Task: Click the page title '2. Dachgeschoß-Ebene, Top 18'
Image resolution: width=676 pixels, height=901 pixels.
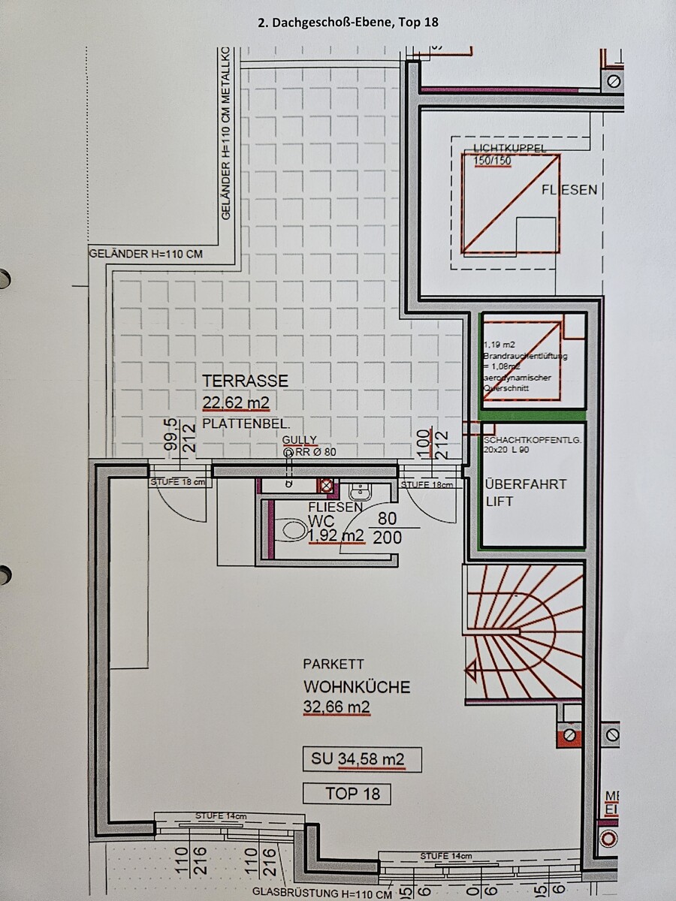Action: coord(348,23)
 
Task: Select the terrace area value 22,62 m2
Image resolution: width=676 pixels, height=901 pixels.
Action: coord(236,403)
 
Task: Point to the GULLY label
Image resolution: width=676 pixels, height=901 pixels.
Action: coord(300,440)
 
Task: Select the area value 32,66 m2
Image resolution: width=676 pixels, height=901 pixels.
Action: coord(336,707)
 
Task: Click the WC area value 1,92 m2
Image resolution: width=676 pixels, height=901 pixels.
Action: coord(336,535)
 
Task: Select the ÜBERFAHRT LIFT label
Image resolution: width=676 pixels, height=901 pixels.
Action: coord(526,493)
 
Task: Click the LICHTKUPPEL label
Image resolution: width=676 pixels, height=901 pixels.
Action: coord(510,149)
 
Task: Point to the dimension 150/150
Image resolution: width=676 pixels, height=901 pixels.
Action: coord(492,161)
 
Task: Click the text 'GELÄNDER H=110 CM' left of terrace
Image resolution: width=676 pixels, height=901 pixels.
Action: coord(146,254)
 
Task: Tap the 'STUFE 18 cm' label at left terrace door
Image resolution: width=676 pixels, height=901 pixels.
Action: coord(177,483)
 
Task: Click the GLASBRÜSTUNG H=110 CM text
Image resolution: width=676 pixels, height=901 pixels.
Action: coord(322,894)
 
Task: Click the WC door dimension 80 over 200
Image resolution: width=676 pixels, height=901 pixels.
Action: coord(388,528)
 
